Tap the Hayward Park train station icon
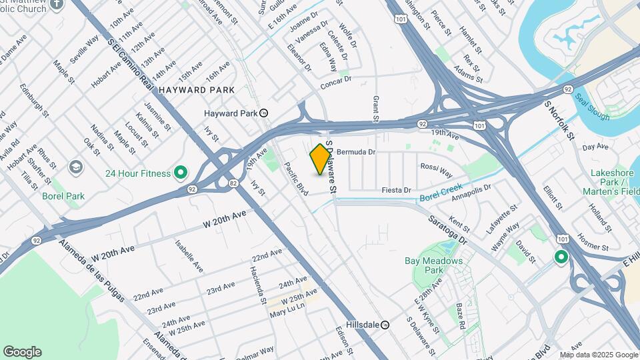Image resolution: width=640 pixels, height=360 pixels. pos(265,113)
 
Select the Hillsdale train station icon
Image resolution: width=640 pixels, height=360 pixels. pos(395,325)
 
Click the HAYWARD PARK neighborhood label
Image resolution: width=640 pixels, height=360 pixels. pos(197,89)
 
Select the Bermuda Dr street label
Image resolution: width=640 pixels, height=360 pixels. pos(357,152)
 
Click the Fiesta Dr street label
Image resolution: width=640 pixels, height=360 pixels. pos(396,191)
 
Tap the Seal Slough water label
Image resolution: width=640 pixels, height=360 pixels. pos(593,107)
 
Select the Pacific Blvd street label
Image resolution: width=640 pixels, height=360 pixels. pos(296,179)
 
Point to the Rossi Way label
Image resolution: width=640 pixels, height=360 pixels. pos(436,170)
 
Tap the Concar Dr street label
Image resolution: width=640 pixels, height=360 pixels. pos(335,81)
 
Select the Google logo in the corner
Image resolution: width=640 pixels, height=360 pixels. pos(22,352)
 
